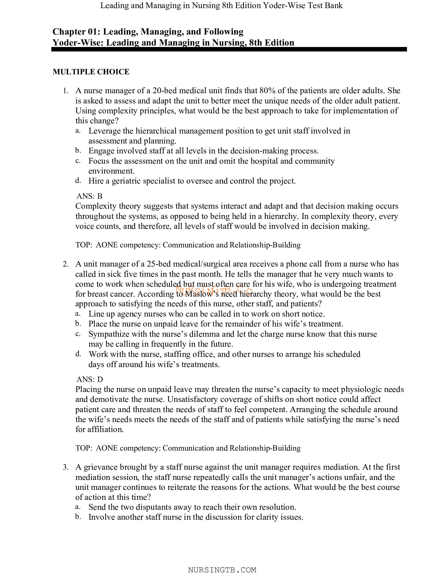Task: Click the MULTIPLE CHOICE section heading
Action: (x=91, y=72)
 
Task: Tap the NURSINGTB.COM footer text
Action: (x=222, y=570)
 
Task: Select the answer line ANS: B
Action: (x=89, y=196)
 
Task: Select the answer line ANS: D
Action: (x=90, y=379)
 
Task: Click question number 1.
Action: (x=66, y=91)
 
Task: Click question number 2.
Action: (x=66, y=264)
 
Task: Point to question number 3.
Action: (x=66, y=467)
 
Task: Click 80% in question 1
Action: (x=267, y=91)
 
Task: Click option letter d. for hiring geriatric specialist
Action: (x=78, y=181)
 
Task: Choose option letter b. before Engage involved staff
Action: (x=78, y=151)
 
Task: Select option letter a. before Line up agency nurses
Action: (x=78, y=314)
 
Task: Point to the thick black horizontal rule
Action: (x=229, y=49)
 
